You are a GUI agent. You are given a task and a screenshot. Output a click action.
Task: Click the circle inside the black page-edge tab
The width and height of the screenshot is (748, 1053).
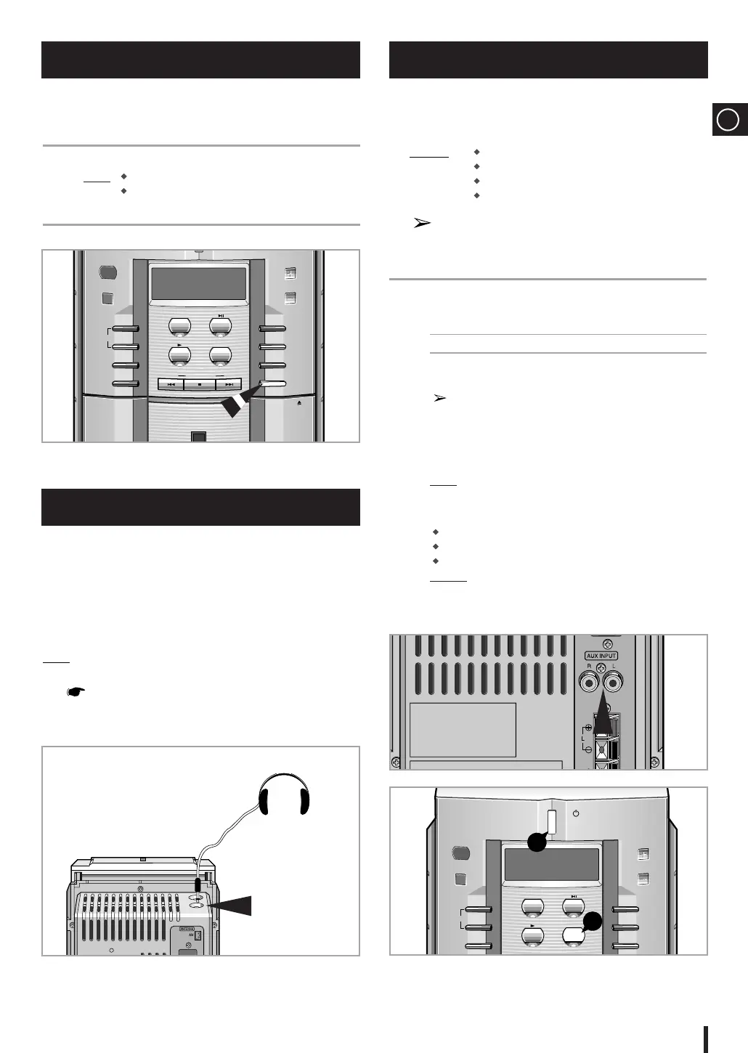[728, 119]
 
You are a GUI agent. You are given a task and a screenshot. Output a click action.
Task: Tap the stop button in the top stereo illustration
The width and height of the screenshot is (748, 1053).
[200, 384]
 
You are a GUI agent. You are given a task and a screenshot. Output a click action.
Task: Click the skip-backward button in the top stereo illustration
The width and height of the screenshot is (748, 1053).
[171, 384]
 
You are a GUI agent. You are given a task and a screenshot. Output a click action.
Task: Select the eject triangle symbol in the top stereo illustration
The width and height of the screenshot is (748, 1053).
[299, 400]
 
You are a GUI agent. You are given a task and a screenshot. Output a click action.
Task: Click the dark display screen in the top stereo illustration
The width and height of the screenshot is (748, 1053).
[198, 284]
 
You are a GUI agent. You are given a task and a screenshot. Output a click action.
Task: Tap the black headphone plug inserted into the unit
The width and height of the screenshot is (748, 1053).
[197, 885]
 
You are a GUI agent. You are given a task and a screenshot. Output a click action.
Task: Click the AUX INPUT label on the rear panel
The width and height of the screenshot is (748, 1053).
[601, 656]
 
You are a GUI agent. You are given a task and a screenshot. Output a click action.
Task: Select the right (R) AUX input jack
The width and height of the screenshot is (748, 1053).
[588, 681]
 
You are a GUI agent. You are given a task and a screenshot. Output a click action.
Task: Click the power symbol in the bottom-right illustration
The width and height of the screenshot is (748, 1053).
[576, 813]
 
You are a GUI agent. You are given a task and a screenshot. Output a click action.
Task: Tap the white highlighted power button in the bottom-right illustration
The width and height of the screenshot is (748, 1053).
[550, 822]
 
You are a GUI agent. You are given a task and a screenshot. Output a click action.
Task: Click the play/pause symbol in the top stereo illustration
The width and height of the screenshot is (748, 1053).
[221, 316]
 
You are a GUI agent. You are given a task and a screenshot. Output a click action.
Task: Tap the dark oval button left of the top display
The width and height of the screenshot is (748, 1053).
[107, 273]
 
